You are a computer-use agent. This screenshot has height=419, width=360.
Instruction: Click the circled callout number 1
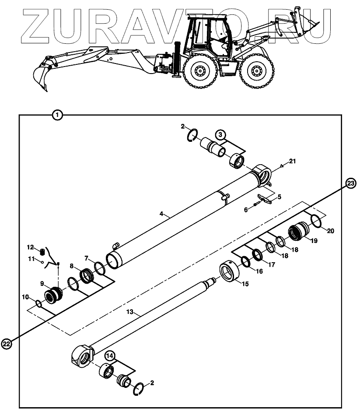click(57, 115)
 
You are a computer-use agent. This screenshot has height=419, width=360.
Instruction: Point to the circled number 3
click(220, 134)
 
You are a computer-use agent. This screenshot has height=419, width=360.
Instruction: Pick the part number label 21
click(293, 162)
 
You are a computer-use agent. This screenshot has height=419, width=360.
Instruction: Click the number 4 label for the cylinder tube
click(161, 214)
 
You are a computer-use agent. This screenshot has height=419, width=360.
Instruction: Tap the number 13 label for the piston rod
click(129, 313)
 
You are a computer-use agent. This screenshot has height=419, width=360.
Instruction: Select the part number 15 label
click(245, 284)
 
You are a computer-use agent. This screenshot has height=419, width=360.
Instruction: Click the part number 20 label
click(330, 231)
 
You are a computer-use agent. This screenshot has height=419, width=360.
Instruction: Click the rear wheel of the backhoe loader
click(199, 71)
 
